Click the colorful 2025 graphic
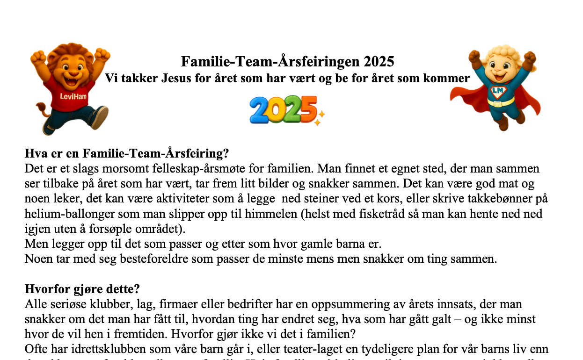tap(283, 110)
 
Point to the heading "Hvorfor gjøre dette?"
tap(82, 289)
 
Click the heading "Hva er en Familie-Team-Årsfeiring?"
tap(126, 153)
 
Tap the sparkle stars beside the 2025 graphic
tap(320, 117)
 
